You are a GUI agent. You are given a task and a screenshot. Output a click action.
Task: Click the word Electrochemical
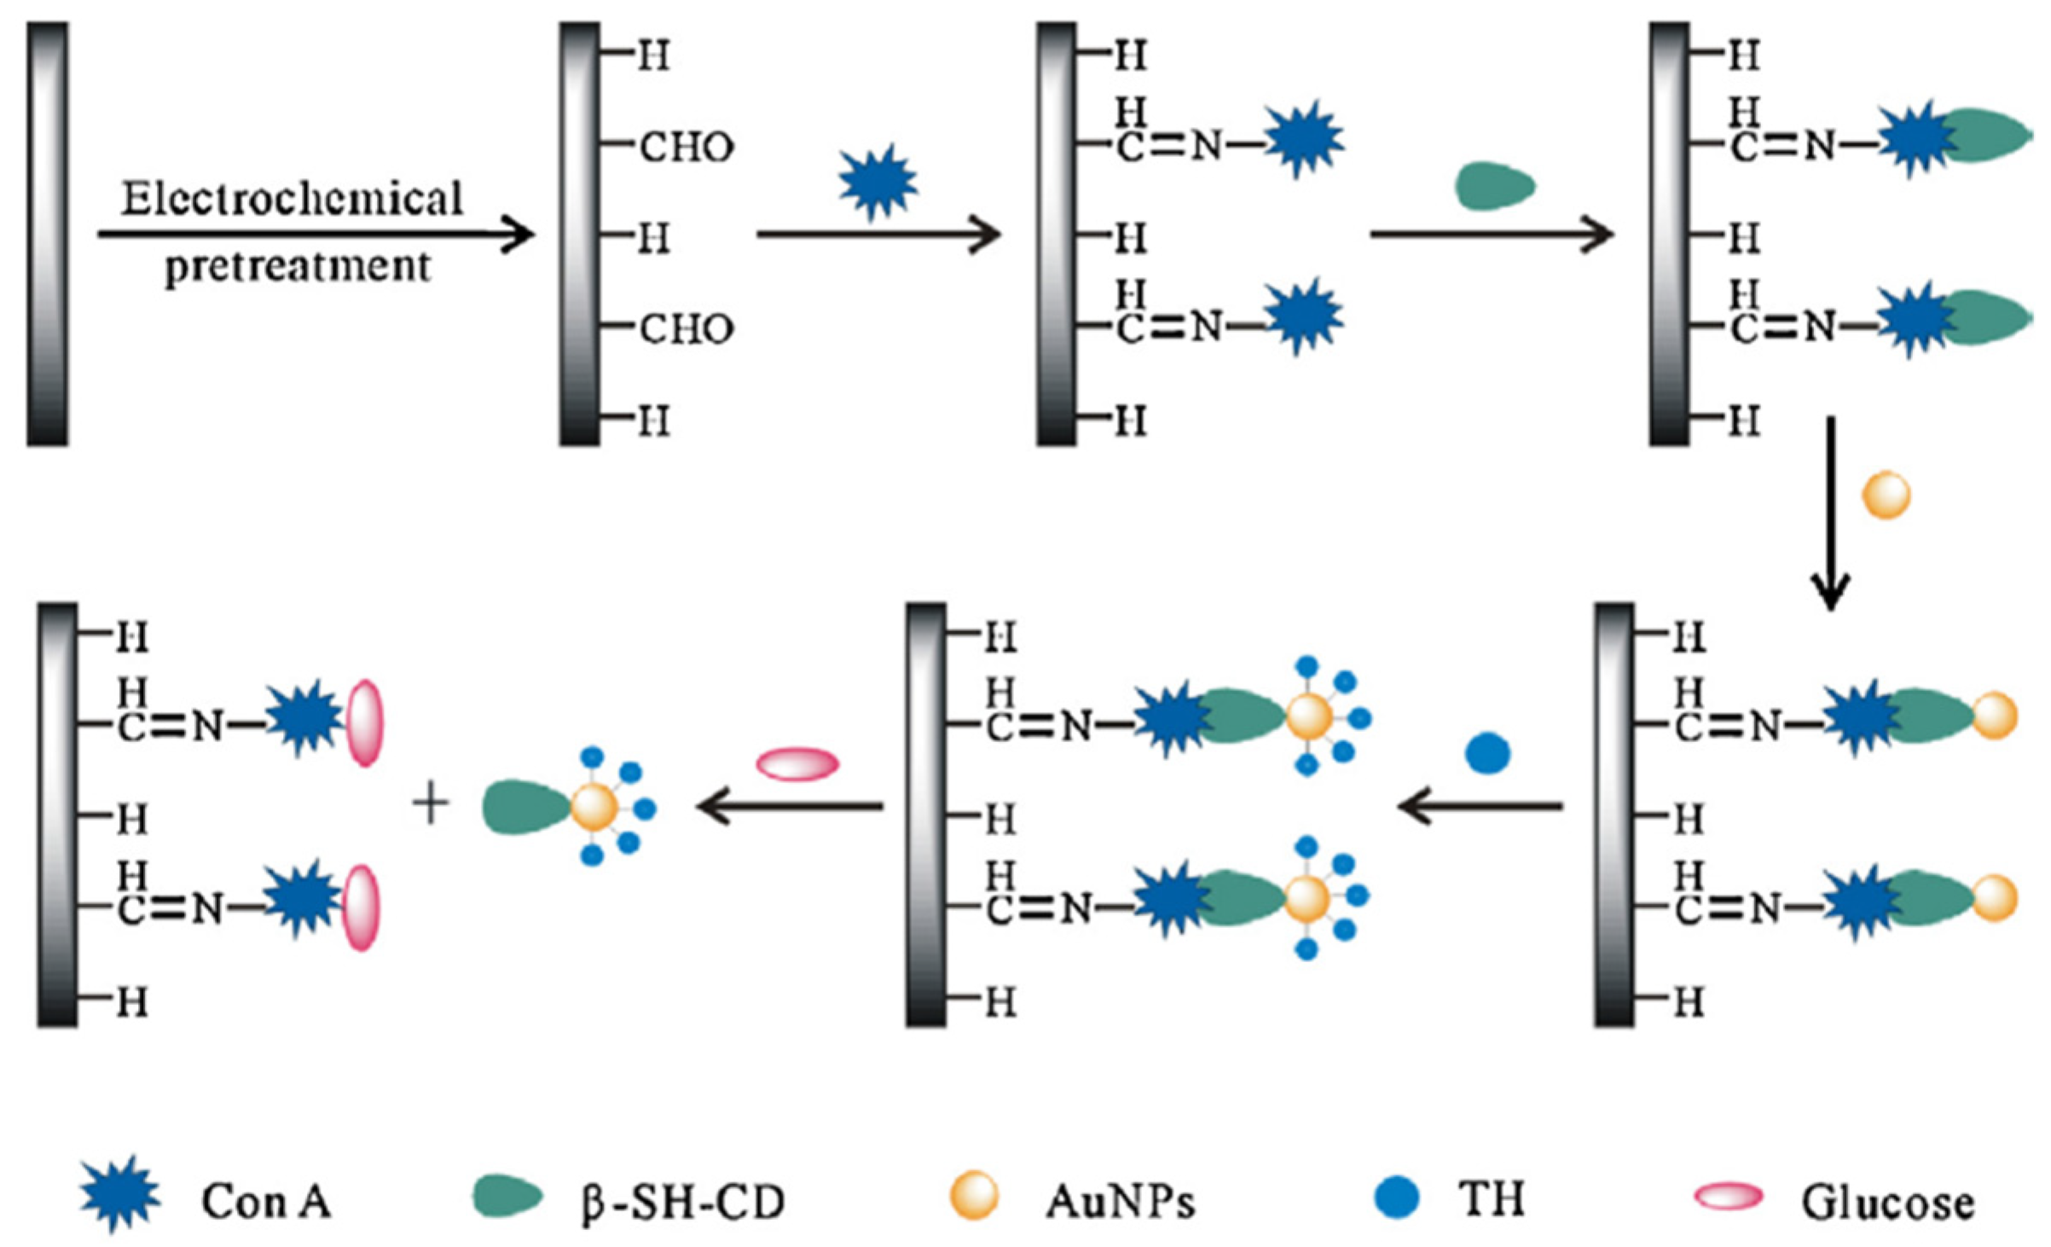click(292, 199)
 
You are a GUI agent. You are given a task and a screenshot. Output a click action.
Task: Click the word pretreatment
click(298, 267)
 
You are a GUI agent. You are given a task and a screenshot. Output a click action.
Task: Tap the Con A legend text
click(266, 1201)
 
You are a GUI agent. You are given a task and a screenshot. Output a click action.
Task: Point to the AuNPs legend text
click(1120, 1201)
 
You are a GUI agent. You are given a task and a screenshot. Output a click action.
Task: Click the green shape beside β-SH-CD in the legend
click(507, 1196)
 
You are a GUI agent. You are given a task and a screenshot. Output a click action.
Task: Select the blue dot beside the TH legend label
click(1397, 1196)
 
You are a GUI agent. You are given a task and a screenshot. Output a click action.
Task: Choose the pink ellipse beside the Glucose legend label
click(1729, 1196)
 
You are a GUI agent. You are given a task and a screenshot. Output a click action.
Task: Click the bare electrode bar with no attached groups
click(48, 234)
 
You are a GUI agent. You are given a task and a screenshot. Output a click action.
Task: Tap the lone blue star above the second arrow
click(878, 182)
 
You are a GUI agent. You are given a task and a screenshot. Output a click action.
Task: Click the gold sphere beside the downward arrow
click(1886, 495)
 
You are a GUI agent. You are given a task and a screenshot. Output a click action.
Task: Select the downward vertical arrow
click(1830, 512)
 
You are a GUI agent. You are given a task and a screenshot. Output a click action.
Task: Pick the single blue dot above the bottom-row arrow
click(1488, 753)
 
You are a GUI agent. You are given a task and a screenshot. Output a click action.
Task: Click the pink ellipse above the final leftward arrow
click(798, 763)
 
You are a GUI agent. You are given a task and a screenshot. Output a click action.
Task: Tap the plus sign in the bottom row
click(431, 805)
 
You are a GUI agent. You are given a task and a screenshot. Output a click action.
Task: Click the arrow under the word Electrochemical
click(316, 234)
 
